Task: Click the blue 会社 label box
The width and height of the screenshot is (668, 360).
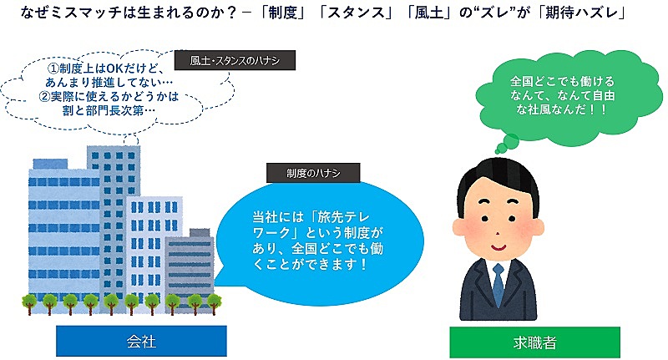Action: (141, 341)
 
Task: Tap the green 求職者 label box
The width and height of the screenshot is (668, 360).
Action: (534, 342)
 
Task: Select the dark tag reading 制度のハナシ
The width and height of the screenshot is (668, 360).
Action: (313, 173)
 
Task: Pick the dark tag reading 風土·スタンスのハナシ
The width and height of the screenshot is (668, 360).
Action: (235, 60)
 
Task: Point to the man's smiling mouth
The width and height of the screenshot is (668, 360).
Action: (498, 246)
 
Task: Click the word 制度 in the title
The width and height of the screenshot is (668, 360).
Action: (282, 13)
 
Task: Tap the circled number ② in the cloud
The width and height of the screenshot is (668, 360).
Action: (44, 96)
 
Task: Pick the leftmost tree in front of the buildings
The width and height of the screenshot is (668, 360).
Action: (29, 304)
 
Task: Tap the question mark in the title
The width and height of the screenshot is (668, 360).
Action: (230, 13)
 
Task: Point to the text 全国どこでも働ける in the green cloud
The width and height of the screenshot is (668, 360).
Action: (562, 81)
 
